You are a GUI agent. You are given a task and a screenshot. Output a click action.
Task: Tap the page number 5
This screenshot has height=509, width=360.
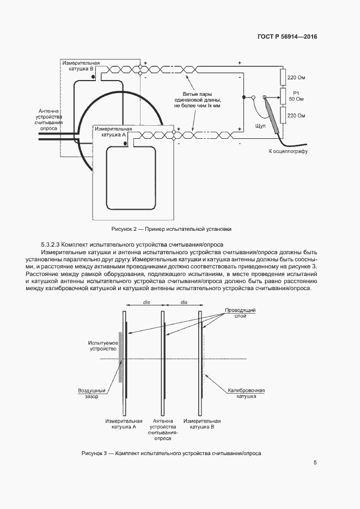pyautogui.click(x=315, y=463)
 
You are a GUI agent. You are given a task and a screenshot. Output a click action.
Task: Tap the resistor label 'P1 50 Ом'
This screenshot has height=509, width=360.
pyautogui.click(x=296, y=96)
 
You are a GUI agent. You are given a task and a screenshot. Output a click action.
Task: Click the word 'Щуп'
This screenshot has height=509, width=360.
pyautogui.click(x=260, y=126)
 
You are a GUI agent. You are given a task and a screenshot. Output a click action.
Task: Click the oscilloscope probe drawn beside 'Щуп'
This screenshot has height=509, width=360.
pyautogui.click(x=274, y=116)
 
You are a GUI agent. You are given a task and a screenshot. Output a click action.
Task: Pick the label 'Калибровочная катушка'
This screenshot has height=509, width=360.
pyautogui.click(x=246, y=394)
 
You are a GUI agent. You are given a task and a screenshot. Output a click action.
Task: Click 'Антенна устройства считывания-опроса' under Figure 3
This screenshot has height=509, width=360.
pyautogui.click(x=163, y=429)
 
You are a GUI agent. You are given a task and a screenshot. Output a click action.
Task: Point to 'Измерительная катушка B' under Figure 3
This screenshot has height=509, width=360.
pyautogui.click(x=202, y=424)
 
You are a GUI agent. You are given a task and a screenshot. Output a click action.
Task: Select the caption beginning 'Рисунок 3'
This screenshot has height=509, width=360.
pyautogui.click(x=171, y=453)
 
